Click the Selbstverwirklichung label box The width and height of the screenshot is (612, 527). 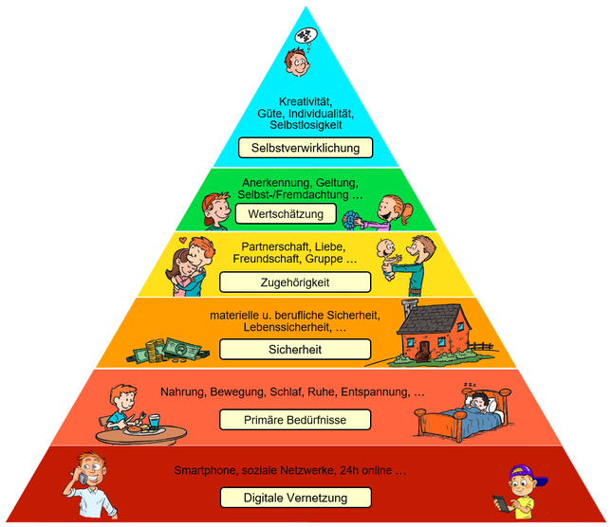pyautogui.click(x=306, y=149)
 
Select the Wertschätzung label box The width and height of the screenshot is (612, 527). pyautogui.click(x=280, y=214)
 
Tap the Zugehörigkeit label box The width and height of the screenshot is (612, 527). pyautogui.click(x=293, y=282)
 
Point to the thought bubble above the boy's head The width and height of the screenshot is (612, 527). pyautogui.click(x=306, y=36)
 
